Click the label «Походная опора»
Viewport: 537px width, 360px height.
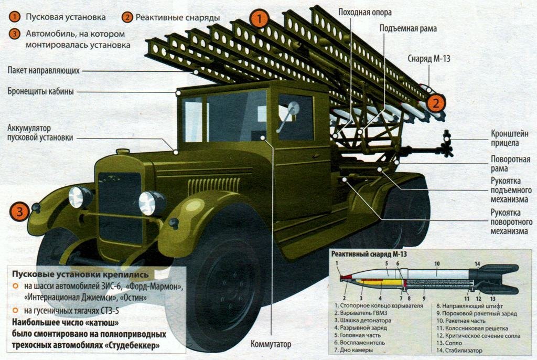click(x=365, y=12)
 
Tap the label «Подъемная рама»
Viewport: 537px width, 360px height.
click(x=409, y=28)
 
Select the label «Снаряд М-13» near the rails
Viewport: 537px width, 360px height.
click(x=429, y=59)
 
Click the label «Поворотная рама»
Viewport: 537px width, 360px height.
click(x=507, y=164)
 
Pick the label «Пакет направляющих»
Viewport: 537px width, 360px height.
click(x=44, y=70)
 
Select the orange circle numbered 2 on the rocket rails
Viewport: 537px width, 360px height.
click(x=436, y=103)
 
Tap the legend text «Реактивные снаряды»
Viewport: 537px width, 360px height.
click(x=178, y=17)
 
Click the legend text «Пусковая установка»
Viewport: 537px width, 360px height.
click(x=65, y=17)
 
